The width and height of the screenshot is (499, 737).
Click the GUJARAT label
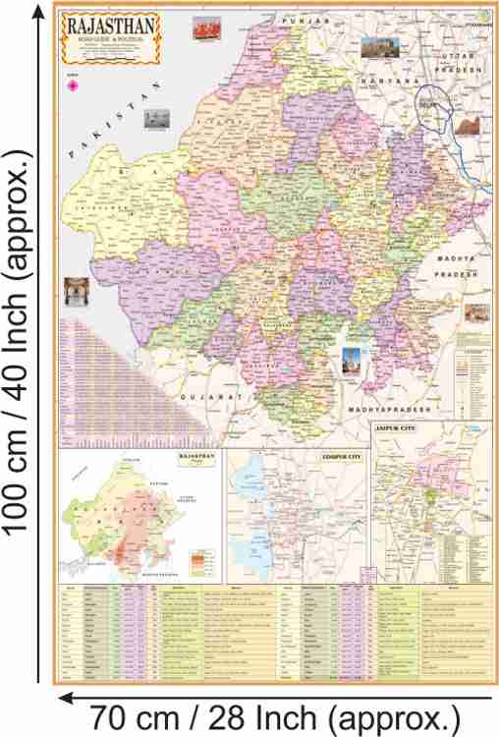(x=212, y=395)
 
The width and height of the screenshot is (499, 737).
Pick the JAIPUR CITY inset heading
(x=398, y=428)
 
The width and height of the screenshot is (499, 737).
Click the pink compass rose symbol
(x=72, y=86)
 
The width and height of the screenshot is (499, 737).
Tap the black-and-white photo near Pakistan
(x=155, y=119)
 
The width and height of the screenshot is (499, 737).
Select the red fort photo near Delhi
(x=468, y=127)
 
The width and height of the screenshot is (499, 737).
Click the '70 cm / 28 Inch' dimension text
(x=273, y=714)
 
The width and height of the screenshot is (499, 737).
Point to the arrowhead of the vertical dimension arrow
(x=38, y=12)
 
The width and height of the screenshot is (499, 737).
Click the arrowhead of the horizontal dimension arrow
(x=64, y=697)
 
